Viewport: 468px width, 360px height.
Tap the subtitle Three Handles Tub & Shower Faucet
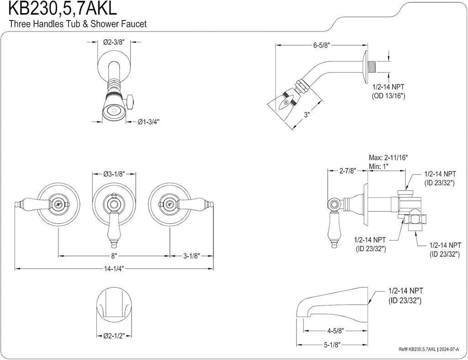[78, 24]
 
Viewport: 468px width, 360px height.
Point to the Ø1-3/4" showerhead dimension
[149, 122]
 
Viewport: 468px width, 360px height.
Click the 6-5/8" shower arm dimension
[322, 45]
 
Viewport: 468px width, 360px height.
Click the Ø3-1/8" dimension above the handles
[114, 174]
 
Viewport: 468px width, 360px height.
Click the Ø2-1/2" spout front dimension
[114, 336]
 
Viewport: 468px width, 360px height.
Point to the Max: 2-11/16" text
[388, 158]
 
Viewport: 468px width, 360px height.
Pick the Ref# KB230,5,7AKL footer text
[417, 349]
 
